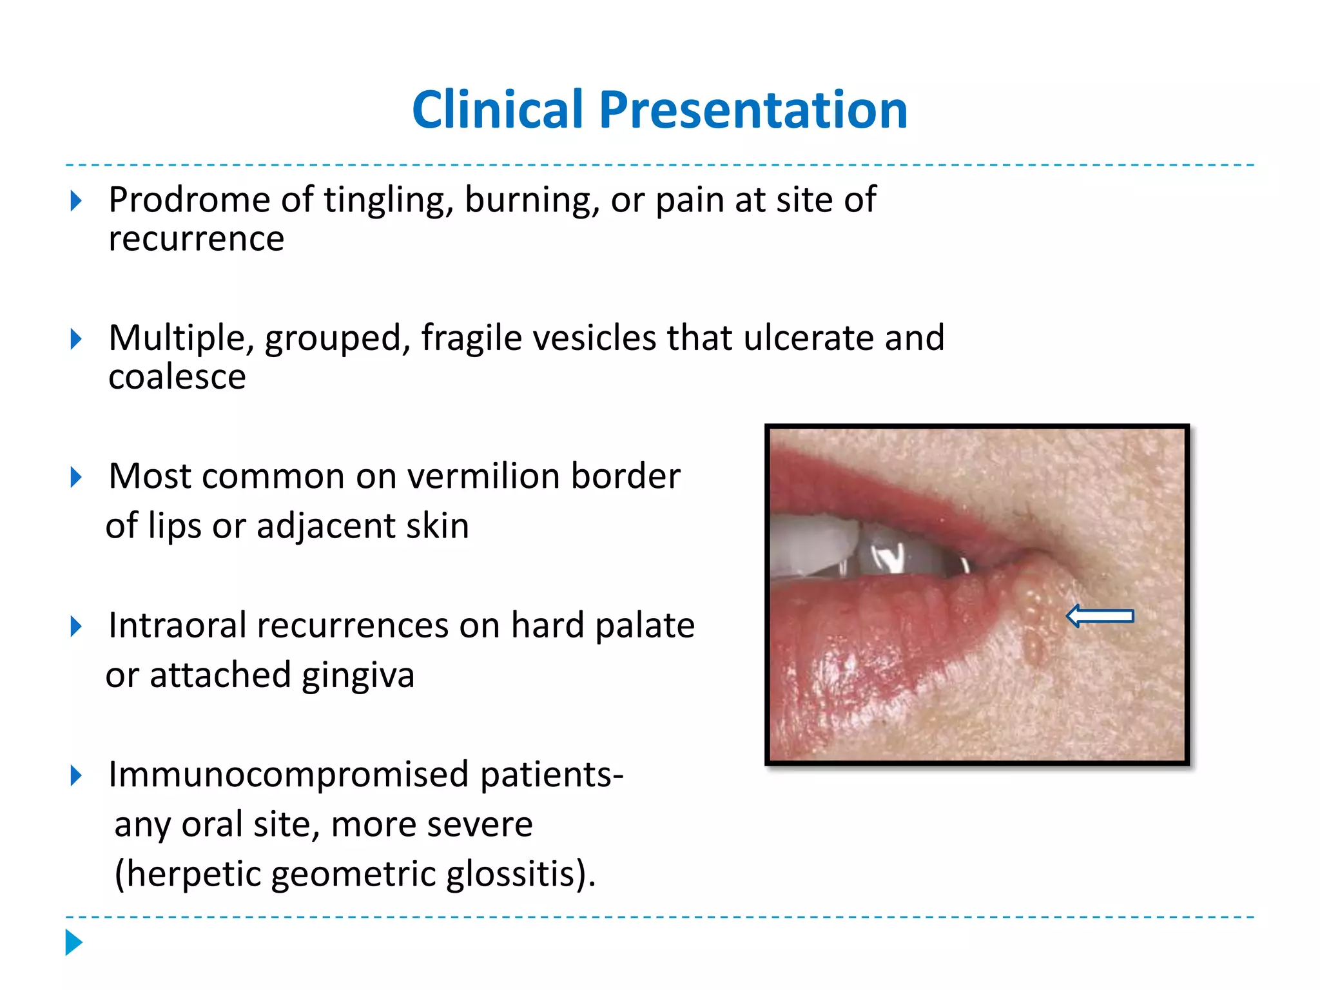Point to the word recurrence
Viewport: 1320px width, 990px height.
(196, 239)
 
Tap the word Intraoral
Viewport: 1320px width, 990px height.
(177, 625)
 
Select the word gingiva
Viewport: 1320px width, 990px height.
(358, 676)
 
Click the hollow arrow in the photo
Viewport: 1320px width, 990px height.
(1100, 616)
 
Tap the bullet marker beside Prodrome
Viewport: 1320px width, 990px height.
(76, 201)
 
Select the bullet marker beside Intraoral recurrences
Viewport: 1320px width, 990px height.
(76, 626)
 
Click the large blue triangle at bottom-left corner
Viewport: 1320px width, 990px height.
(74, 942)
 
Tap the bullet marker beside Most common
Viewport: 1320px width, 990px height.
(76, 478)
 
